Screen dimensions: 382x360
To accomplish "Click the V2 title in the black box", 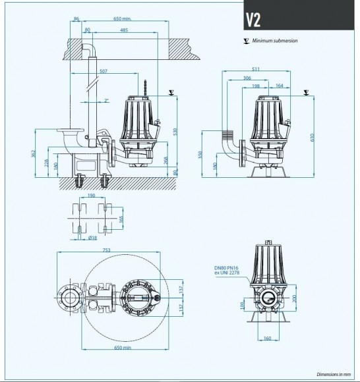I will [253, 19].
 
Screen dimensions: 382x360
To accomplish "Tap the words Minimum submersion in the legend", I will [275, 41].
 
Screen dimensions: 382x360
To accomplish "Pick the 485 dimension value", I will [124, 30].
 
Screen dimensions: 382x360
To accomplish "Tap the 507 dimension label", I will [103, 71].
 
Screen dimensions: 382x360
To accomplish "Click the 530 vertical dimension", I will [175, 132].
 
